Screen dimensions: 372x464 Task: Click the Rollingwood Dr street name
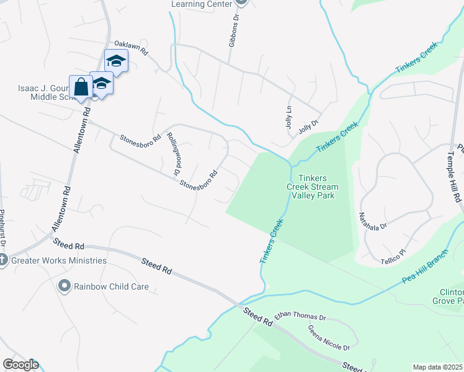pyautogui.click(x=173, y=152)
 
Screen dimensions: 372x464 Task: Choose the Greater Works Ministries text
pyautogui.click(x=60, y=260)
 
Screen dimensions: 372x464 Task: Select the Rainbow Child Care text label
pyautogui.click(x=112, y=287)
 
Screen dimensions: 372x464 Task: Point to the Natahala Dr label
pyautogui.click(x=373, y=221)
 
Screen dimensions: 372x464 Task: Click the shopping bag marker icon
pyautogui.click(x=81, y=87)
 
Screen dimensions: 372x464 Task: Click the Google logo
pyautogui.click(x=20, y=365)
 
